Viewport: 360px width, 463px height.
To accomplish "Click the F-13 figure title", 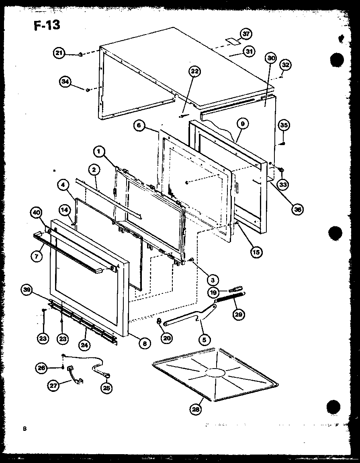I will click(x=47, y=25).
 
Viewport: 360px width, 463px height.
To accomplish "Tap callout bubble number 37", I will click(x=246, y=34).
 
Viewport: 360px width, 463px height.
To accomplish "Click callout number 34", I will click(x=65, y=82).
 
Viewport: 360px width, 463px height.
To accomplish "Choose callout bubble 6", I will click(x=139, y=126).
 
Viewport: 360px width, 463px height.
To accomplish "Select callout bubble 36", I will click(x=298, y=209).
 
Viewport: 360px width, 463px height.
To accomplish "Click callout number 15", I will click(x=256, y=252).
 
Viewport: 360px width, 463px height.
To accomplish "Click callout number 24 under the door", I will click(x=85, y=344).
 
